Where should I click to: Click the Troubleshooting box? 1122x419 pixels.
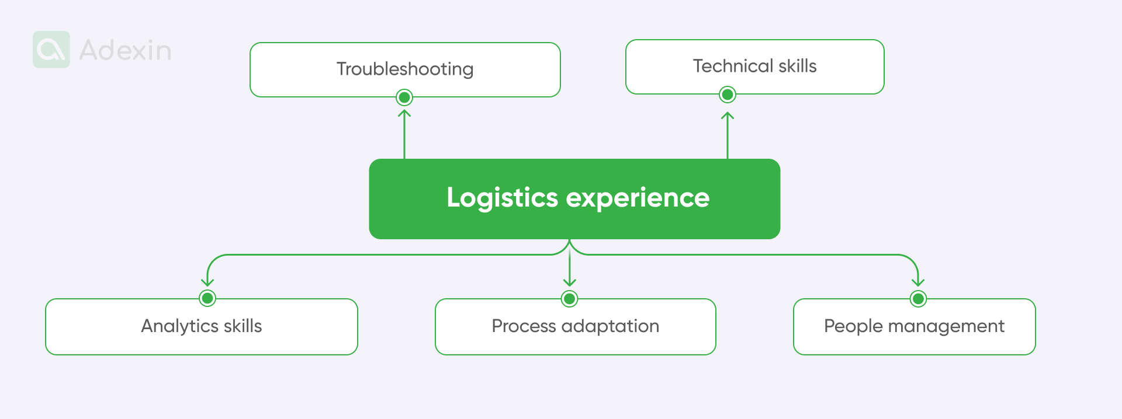coord(405,69)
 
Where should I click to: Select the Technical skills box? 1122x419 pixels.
coord(754,66)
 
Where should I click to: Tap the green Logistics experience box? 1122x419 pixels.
coord(574,198)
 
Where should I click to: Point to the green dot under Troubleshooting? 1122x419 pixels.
coord(404,97)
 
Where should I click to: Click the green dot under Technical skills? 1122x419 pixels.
coord(728,95)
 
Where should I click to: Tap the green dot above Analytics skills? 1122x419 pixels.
coord(207,298)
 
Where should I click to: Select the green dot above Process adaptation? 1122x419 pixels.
coord(570,299)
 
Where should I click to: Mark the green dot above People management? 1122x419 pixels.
coord(918,299)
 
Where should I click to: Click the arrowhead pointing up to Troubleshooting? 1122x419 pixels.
coord(404,113)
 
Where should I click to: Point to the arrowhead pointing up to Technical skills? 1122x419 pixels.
coord(728,116)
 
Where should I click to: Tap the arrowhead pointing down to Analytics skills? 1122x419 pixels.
coord(207,282)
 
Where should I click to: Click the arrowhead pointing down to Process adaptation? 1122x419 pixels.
coord(570,282)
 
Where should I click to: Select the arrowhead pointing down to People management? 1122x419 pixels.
coord(918,282)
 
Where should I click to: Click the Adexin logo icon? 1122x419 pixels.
coord(51,50)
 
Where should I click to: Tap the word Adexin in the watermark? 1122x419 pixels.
coord(125,51)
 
